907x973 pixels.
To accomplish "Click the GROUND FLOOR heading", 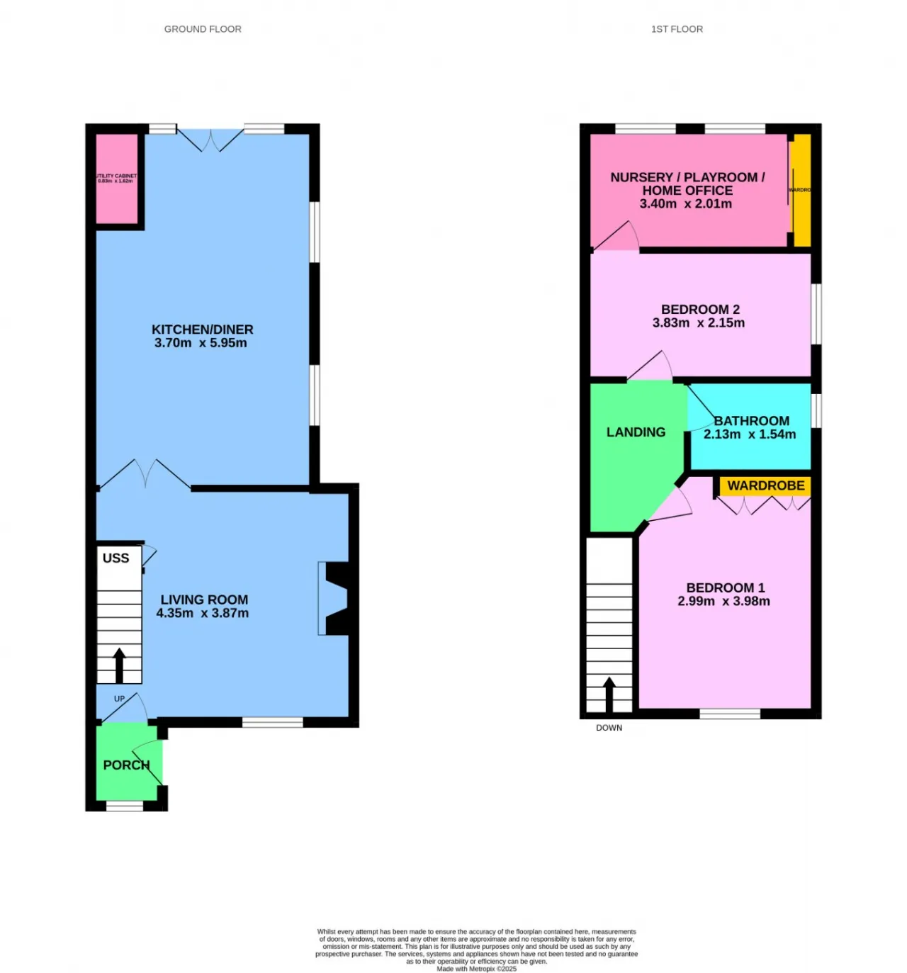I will pyautogui.click(x=203, y=29).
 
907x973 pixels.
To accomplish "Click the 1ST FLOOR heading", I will pyautogui.click(x=677, y=29).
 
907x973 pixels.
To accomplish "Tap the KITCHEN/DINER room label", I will pyautogui.click(x=202, y=330).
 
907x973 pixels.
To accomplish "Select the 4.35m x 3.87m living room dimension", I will pyautogui.click(x=203, y=613).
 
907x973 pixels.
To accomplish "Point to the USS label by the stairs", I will pyautogui.click(x=116, y=558).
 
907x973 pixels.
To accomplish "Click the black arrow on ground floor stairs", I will pyautogui.click(x=119, y=665).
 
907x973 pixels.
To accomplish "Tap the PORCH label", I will pyautogui.click(x=126, y=765).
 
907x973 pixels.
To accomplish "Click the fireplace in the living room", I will pyautogui.click(x=334, y=598).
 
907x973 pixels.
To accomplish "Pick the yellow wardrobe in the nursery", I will pyautogui.click(x=801, y=190).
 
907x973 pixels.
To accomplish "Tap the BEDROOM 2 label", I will pyautogui.click(x=700, y=310).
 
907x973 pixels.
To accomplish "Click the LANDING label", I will pyautogui.click(x=636, y=432).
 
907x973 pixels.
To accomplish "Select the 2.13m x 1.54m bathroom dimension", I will pyautogui.click(x=750, y=434).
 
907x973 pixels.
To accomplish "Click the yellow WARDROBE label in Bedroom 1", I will pyautogui.click(x=766, y=485).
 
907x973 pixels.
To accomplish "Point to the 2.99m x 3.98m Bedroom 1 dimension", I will pyautogui.click(x=723, y=601).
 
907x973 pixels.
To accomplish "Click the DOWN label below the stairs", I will pyautogui.click(x=609, y=728).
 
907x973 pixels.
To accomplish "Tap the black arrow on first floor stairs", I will pyautogui.click(x=609, y=694).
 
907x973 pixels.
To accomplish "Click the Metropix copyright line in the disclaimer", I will pyautogui.click(x=476, y=969).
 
